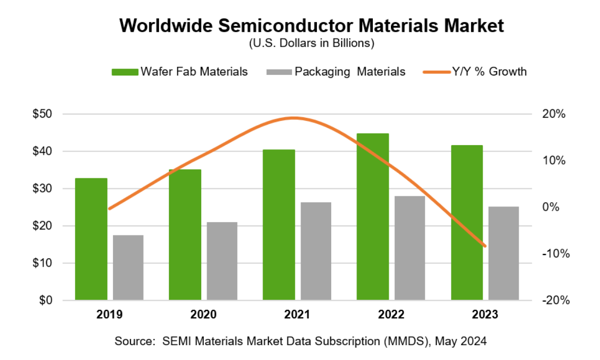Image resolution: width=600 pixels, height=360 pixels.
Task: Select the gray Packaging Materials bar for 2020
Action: [222, 261]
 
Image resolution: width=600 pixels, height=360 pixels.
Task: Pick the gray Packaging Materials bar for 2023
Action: [504, 253]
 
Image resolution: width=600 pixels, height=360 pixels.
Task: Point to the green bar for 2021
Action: [279, 225]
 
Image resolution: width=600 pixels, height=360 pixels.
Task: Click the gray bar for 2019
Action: [128, 268]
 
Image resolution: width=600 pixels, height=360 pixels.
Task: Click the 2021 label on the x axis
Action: [297, 315]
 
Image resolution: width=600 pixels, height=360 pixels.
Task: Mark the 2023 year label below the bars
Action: [485, 315]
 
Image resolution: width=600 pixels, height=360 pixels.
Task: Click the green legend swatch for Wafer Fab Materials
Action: [125, 72]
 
